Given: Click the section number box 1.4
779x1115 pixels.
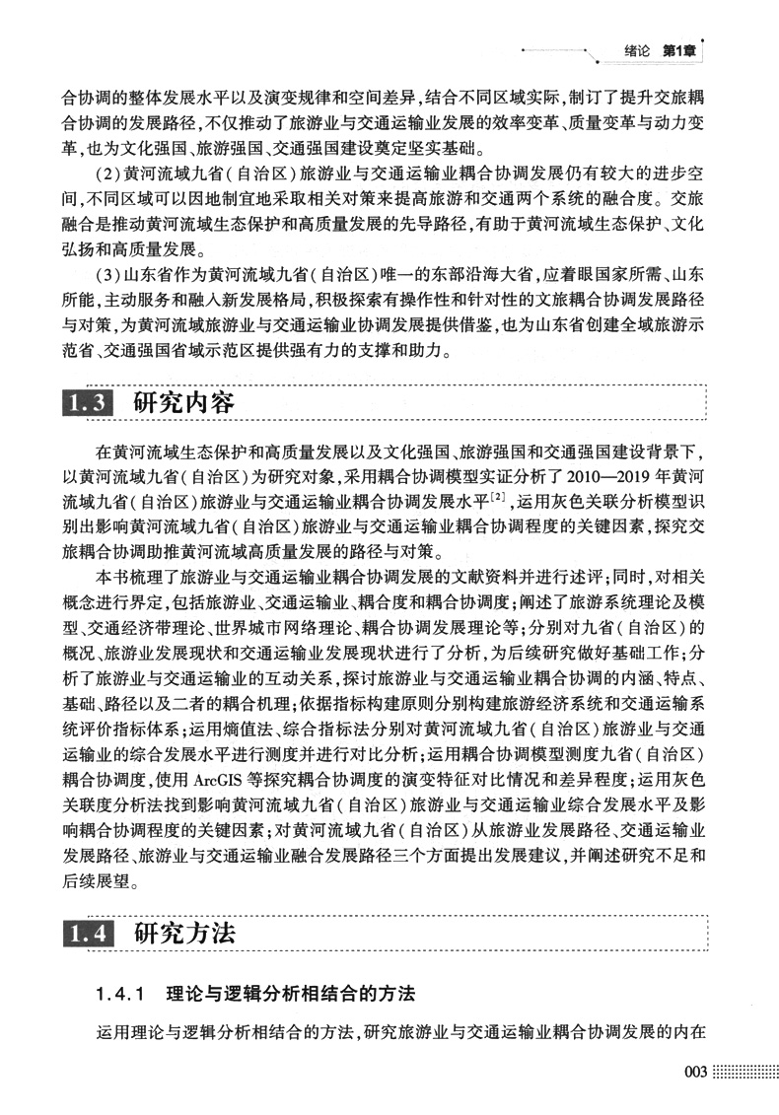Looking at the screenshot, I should pos(89,933).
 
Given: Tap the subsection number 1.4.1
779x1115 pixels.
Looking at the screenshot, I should pos(121,990).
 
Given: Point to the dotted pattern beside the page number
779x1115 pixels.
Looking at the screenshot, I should pos(740,1074).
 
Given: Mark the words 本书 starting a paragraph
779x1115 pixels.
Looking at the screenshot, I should pos(111,575).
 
